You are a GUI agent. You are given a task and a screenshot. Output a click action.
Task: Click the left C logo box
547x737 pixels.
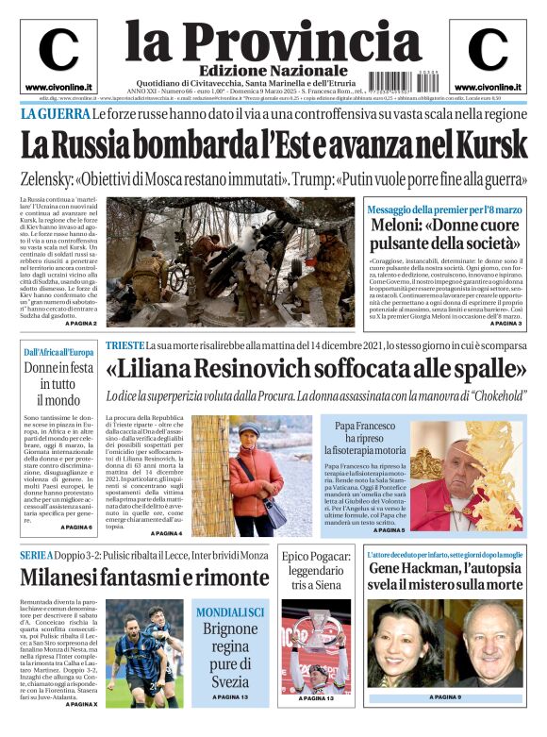point(58,56)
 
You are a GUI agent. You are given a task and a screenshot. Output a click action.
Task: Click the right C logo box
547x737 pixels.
point(489,56)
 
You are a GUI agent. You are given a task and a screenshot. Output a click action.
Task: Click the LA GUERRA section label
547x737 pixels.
point(55,114)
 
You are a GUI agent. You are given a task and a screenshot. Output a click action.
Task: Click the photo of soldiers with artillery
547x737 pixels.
point(232,260)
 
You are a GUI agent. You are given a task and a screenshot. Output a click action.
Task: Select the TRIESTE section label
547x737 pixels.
point(124,345)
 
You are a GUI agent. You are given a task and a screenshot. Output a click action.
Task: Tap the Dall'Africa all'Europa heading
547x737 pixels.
point(58,353)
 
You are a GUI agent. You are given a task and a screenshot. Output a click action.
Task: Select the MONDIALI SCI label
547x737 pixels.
point(230,612)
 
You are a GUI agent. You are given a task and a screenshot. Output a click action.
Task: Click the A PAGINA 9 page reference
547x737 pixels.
point(445,696)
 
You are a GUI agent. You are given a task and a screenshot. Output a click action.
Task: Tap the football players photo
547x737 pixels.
point(146,651)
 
